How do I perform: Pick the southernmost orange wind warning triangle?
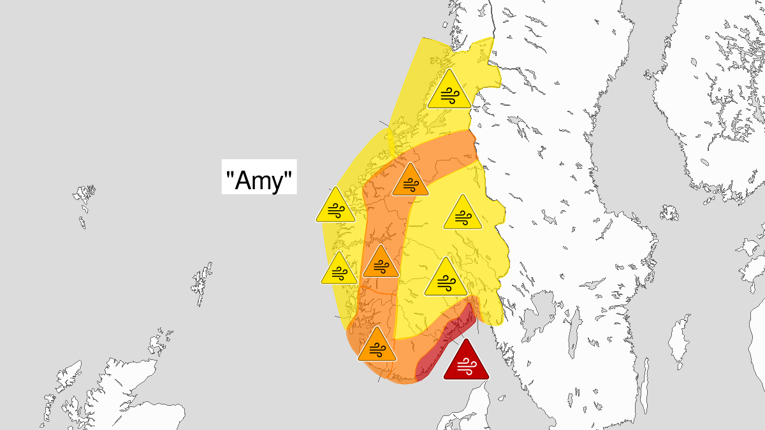(x=377, y=348)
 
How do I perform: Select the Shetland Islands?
(x=203, y=283)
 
